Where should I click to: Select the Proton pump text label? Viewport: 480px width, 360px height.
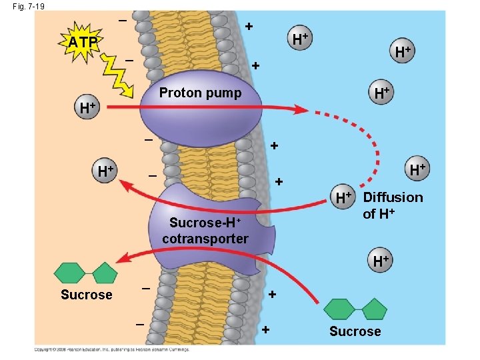(x=200, y=93)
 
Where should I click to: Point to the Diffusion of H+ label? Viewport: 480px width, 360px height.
(x=393, y=205)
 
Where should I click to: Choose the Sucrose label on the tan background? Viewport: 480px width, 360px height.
(x=86, y=295)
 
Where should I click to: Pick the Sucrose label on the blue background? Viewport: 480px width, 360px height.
(x=355, y=331)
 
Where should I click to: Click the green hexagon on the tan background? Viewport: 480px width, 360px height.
(x=69, y=273)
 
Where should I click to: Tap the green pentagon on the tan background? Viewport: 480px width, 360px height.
(x=104, y=273)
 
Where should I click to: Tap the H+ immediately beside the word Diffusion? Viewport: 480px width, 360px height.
(x=344, y=197)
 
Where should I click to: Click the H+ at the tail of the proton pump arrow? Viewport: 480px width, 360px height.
(x=87, y=107)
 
